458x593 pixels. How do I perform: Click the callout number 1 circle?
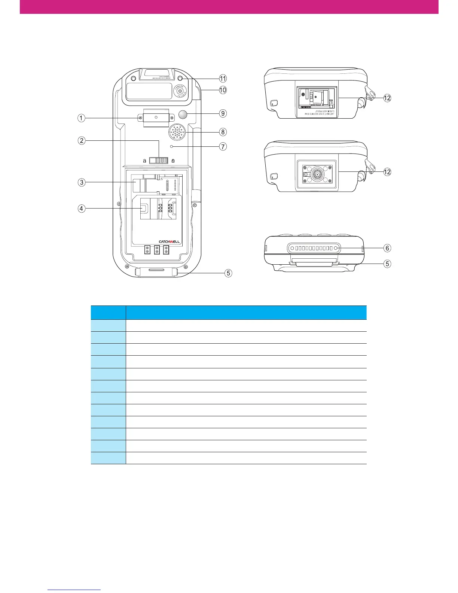pyautogui.click(x=81, y=118)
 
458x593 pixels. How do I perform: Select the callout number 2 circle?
pyautogui.click(x=81, y=141)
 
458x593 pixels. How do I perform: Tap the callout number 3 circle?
pyautogui.click(x=81, y=182)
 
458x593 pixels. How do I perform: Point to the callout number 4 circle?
pyautogui.click(x=81, y=209)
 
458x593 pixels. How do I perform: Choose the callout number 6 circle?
pyautogui.click(x=387, y=248)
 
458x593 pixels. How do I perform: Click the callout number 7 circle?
pyautogui.click(x=223, y=147)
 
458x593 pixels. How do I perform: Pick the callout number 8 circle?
pyautogui.click(x=223, y=132)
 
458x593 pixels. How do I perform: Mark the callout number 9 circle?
pyautogui.click(x=223, y=113)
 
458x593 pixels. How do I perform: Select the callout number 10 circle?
pyautogui.click(x=223, y=90)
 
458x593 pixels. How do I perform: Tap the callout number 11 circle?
pyautogui.click(x=223, y=78)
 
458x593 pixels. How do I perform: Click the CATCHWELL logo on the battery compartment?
pyautogui.click(x=170, y=242)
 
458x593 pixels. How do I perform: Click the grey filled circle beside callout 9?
pyautogui.click(x=184, y=114)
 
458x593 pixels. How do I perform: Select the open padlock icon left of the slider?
pyautogui.click(x=144, y=161)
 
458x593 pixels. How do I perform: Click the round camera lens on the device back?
pyautogui.click(x=180, y=91)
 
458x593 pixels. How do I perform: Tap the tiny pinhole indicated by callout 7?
pyautogui.click(x=172, y=147)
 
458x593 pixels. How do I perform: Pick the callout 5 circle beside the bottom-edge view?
pyautogui.click(x=387, y=264)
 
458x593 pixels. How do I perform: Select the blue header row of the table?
pyautogui.click(x=229, y=312)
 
